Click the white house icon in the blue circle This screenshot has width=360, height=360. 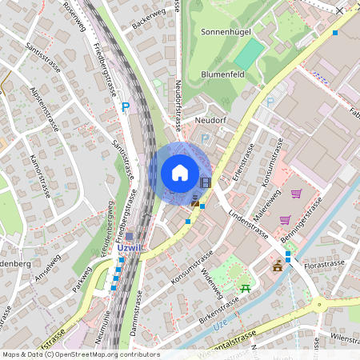(179, 172)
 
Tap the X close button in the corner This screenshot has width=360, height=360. (340, 11)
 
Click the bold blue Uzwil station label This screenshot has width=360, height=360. (129, 247)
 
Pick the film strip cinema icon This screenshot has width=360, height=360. (205, 182)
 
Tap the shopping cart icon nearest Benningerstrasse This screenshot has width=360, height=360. (285, 219)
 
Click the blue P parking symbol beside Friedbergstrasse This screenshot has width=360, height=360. (125, 106)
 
